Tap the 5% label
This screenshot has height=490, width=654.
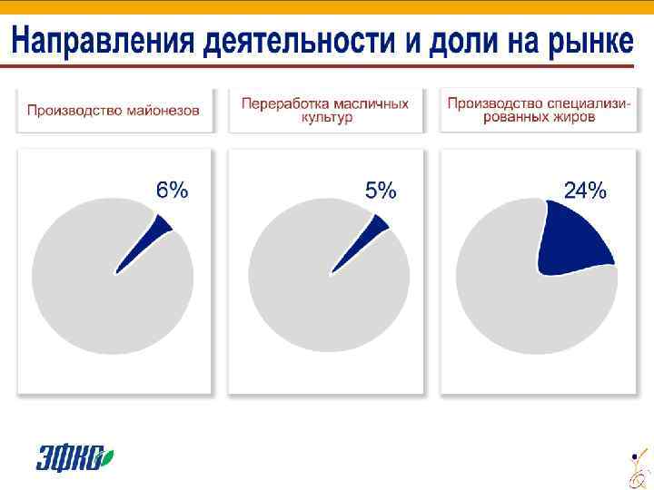[x=381, y=191]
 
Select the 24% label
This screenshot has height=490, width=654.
[x=585, y=191]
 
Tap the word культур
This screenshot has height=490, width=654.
[x=325, y=118]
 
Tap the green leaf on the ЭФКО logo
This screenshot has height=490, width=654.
[x=108, y=453]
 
